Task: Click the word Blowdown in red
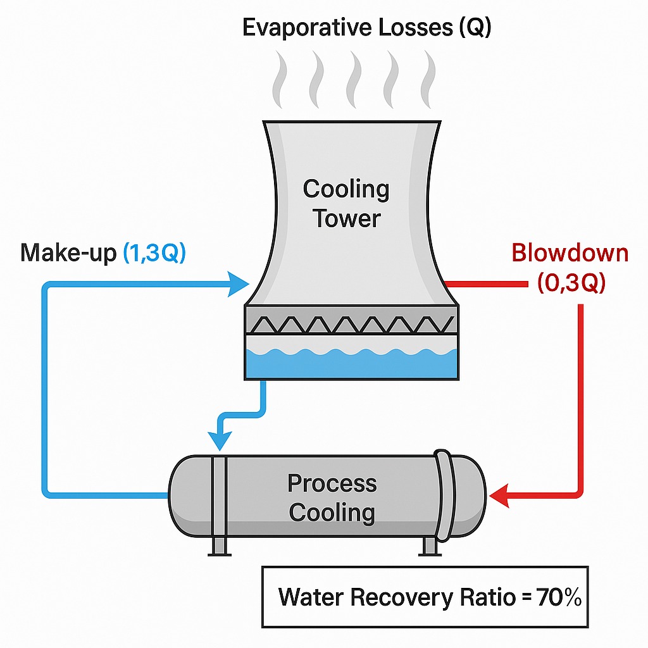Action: click(x=570, y=253)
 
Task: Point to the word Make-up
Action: click(x=68, y=252)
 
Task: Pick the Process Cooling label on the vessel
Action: click(x=332, y=497)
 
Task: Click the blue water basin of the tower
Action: click(x=351, y=364)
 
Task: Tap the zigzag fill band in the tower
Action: click(x=351, y=324)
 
